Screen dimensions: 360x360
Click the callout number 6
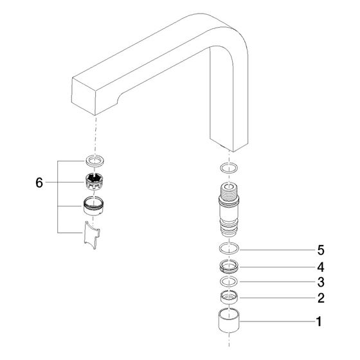[39, 183]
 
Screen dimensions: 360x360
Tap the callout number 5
[321, 250]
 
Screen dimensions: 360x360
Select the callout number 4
[321, 267]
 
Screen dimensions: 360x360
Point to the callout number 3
[321, 282]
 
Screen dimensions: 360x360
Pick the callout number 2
[321, 298]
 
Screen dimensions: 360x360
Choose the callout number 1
[319, 321]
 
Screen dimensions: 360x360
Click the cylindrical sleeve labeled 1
[229, 321]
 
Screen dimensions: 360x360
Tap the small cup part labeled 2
[229, 298]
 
